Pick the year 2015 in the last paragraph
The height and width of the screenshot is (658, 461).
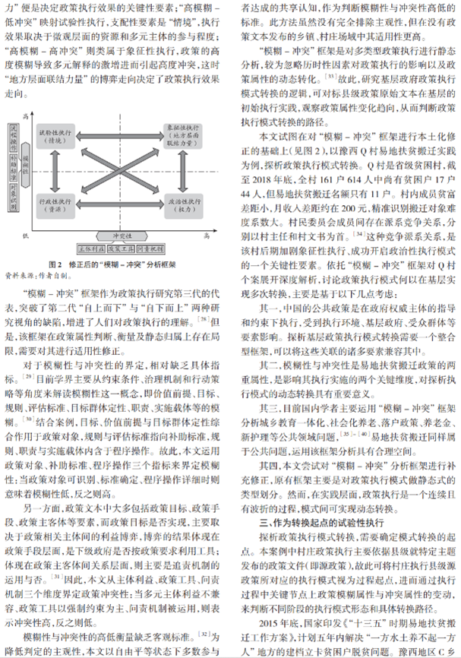pos(268,608)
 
